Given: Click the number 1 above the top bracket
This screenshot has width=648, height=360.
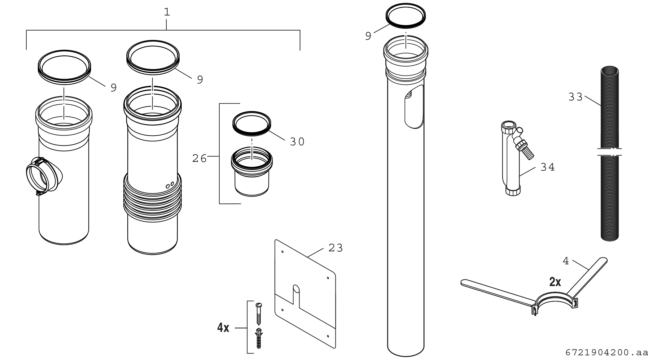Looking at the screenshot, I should (x=167, y=12).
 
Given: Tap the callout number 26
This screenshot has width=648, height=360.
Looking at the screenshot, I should (x=199, y=158).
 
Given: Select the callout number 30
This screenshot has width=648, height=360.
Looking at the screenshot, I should (x=297, y=142).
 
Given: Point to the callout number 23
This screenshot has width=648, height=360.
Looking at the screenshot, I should (x=336, y=248).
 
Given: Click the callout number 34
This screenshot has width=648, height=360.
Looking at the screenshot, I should (x=548, y=167).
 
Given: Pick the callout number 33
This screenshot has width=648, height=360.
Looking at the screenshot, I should (x=576, y=97).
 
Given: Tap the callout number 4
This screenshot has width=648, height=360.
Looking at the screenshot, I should (x=566, y=261).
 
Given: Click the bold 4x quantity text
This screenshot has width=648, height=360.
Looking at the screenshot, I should (x=223, y=327).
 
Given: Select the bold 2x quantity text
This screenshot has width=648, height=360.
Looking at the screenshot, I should (x=555, y=282).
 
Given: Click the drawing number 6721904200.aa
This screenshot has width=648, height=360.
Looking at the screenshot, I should (x=606, y=352).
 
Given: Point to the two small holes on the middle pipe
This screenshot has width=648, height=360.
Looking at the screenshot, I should (x=170, y=185).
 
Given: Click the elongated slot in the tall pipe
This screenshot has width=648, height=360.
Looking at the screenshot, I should (x=414, y=107).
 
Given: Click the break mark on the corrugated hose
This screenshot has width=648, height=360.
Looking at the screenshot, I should (x=610, y=152).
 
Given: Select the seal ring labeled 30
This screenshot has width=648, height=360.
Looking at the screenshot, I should (x=252, y=123).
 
